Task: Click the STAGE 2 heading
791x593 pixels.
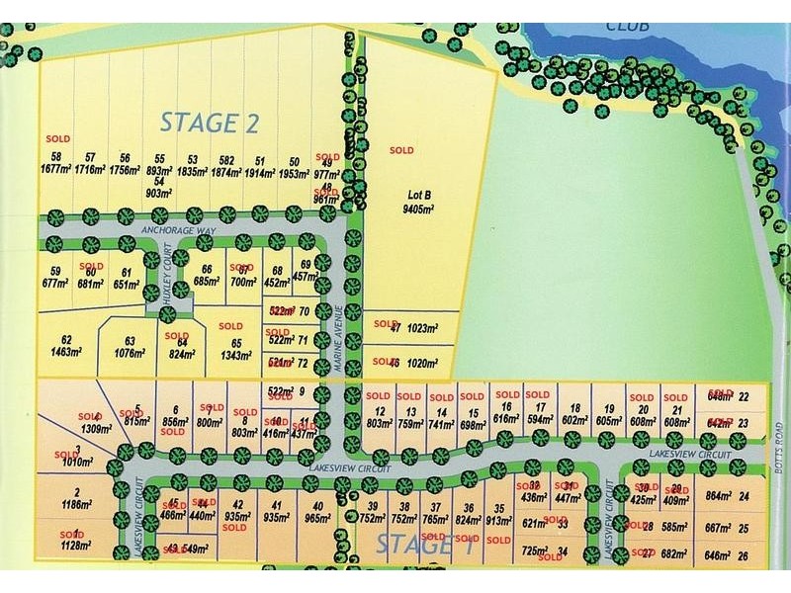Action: [x=210, y=123]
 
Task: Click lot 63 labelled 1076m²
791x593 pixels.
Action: [x=130, y=345]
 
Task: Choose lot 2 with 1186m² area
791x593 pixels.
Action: [x=75, y=497]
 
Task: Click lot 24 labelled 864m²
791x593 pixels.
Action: [x=724, y=497]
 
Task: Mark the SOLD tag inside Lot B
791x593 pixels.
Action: [x=401, y=150]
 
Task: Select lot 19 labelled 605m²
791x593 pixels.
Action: [x=610, y=415]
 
